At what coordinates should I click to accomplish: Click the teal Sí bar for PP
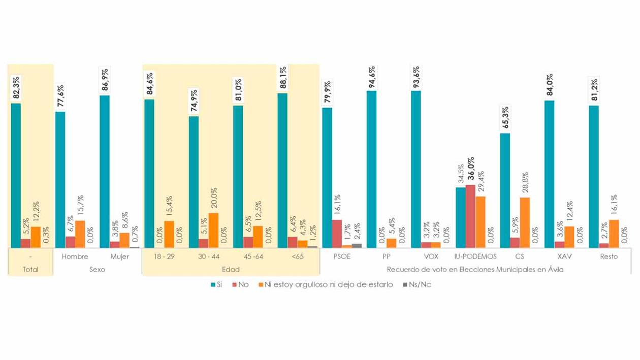coord(371,169)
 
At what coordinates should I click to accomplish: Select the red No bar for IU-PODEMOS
coord(470,216)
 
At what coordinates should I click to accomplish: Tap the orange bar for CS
coord(525,222)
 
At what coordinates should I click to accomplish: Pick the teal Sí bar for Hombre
coord(60,179)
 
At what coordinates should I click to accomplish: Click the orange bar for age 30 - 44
coord(213,230)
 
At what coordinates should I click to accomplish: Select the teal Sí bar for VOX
coord(416,169)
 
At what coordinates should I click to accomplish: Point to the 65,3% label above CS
coord(505,118)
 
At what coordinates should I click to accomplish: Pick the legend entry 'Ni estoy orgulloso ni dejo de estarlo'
coord(326,285)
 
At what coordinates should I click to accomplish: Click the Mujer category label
coord(119,256)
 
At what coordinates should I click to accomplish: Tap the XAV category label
coord(564,256)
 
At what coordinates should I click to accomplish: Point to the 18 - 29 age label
coord(164,256)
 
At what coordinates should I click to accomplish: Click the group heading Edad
coord(231,270)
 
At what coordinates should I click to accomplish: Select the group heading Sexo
coord(97,270)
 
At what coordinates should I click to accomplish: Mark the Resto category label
coord(609,256)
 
